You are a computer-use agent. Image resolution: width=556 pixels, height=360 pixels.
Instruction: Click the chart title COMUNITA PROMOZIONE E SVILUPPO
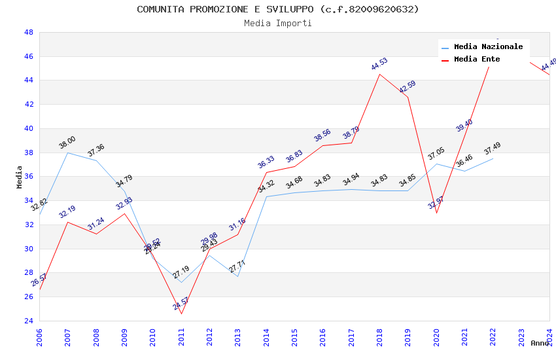[277, 9]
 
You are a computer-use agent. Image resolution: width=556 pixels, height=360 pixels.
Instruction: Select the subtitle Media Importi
[277, 24]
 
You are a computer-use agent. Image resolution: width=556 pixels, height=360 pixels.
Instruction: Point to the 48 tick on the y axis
[29, 32]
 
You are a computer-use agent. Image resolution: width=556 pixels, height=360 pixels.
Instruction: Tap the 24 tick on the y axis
[29, 321]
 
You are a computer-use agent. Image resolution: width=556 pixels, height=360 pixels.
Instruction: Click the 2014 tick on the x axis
[266, 336]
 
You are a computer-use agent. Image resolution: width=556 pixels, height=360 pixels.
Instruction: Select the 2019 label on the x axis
[408, 336]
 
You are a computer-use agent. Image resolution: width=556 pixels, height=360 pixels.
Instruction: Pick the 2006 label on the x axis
[39, 336]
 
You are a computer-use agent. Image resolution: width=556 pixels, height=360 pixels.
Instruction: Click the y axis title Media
[20, 177]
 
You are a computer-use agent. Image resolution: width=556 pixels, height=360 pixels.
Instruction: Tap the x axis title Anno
[540, 343]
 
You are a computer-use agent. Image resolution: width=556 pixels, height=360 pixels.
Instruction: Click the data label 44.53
[379, 64]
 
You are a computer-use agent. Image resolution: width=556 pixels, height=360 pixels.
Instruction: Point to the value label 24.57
[181, 304]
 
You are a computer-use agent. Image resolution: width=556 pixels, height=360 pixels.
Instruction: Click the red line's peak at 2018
[379, 74]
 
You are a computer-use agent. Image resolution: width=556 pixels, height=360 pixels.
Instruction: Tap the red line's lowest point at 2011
[181, 314]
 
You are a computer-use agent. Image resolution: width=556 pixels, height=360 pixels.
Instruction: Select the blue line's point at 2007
[67, 153]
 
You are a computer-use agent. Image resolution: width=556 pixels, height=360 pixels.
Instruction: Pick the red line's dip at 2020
[436, 213]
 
